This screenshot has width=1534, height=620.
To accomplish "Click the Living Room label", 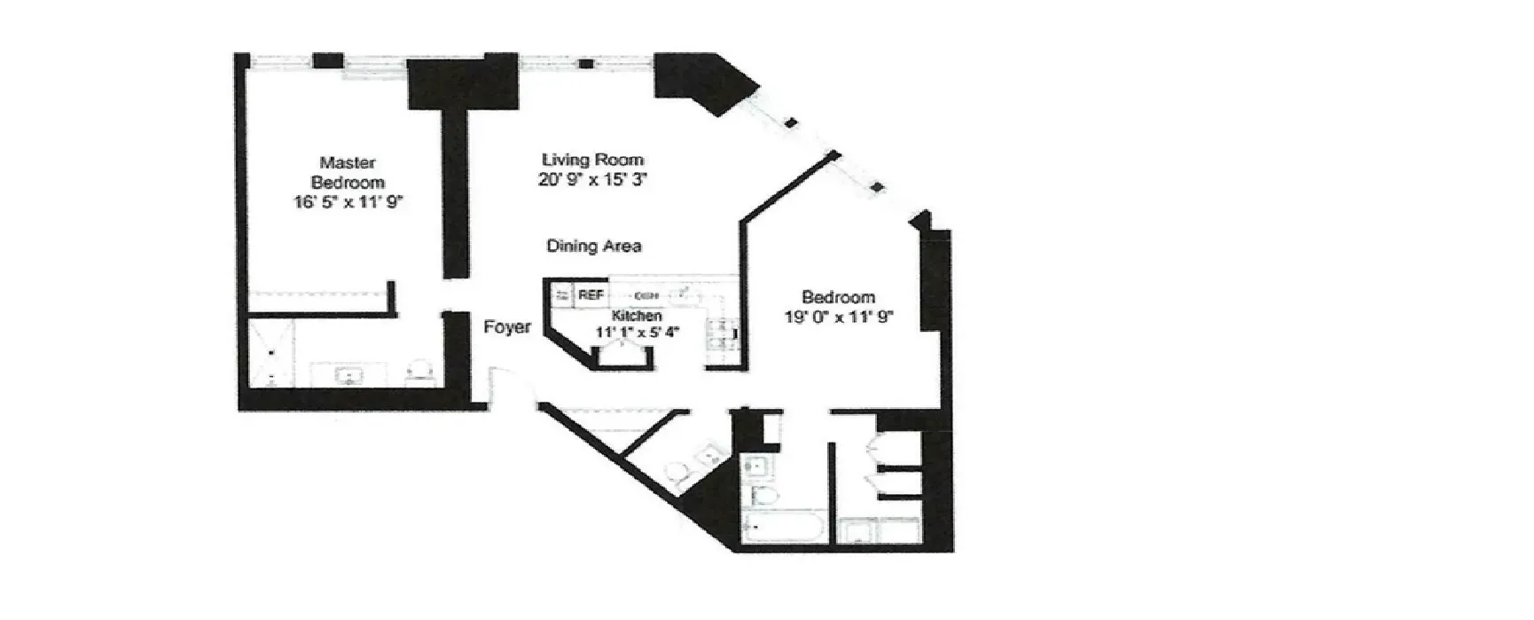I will tap(592, 160).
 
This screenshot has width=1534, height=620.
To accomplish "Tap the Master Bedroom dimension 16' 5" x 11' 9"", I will tap(348, 202).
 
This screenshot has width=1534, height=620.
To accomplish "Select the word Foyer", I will tap(507, 327).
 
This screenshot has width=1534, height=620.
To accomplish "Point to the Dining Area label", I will tap(593, 246).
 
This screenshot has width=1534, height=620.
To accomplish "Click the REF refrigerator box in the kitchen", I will tap(591, 294).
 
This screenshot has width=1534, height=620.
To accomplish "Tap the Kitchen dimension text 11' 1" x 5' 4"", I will tap(637, 333).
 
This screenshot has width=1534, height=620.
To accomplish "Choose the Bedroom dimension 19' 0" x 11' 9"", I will tap(838, 317).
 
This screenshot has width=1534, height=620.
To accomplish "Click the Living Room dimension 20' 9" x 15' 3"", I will tap(592, 179).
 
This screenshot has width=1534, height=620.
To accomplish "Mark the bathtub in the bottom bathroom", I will tap(785, 527).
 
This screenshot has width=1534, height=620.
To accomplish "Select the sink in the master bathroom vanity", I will tap(348, 375).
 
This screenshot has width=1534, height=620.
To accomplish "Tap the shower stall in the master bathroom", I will tap(270, 353).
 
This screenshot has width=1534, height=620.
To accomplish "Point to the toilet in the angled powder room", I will tap(679, 474).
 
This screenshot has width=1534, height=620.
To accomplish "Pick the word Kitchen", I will tap(637, 316).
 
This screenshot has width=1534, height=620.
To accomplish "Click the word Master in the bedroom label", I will tap(348, 162).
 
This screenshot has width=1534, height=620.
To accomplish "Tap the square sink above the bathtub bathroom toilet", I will tap(756, 466).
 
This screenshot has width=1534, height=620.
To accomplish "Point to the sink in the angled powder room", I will tap(710, 458).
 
